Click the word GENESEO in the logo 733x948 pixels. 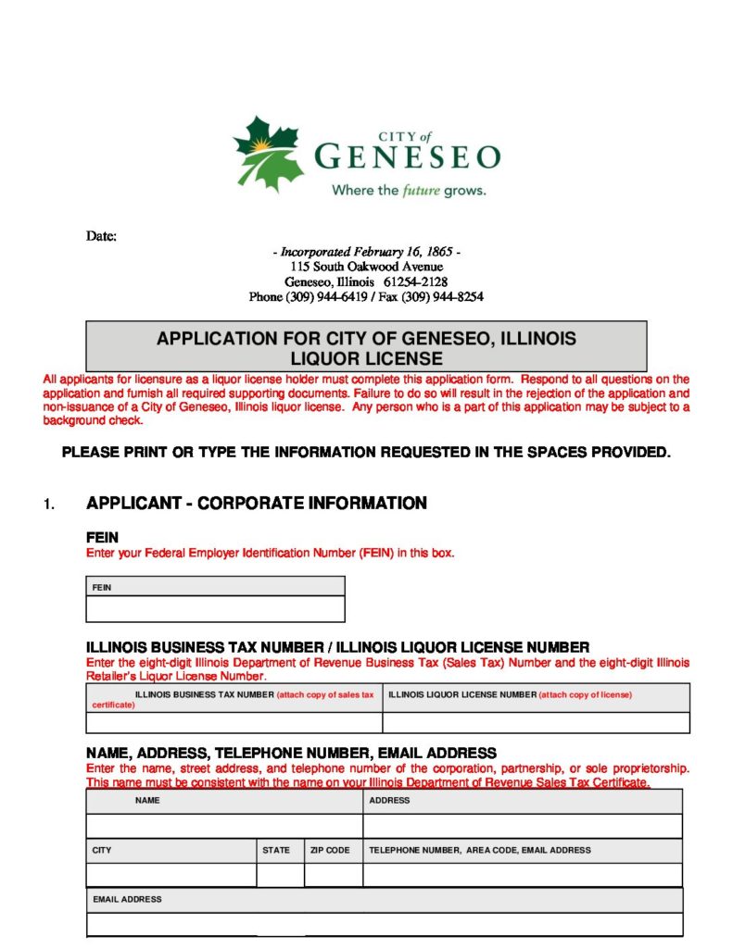pos(407,156)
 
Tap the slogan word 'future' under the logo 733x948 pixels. pos(420,191)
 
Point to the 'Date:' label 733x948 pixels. pos(102,236)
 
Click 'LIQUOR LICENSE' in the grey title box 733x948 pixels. pos(366,358)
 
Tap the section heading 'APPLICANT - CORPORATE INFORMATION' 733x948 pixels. pos(257,504)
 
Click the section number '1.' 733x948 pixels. pos(49,505)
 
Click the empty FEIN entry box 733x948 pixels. pos(215,609)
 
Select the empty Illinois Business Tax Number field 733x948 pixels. pos(234,723)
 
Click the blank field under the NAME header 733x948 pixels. pos(224,826)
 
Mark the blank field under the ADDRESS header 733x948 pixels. pos(523,826)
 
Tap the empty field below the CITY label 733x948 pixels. pos(171,875)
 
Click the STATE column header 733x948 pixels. pos(276,850)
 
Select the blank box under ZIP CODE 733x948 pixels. pos(333,875)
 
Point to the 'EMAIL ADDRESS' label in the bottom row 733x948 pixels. pos(127,899)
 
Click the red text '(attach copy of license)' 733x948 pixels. pos(586,694)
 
